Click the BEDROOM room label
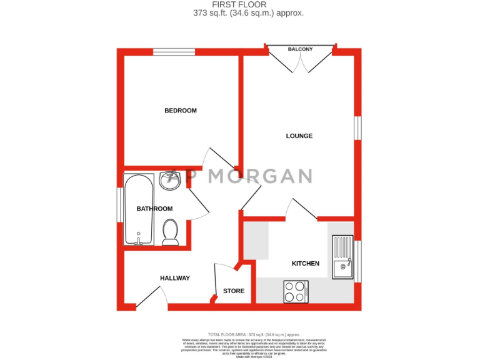(181, 111)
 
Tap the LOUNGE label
(299, 136)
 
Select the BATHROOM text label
(154, 209)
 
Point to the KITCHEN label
(306, 264)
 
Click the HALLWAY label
(175, 278)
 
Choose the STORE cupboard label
(234, 291)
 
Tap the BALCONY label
(300, 49)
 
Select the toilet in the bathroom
(170, 232)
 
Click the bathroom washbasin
(169, 181)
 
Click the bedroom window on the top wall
(174, 52)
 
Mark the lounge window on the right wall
(357, 127)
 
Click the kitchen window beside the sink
(357, 261)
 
